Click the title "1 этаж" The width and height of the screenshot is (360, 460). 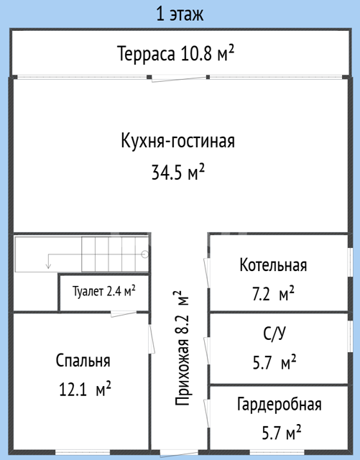tap(180, 14)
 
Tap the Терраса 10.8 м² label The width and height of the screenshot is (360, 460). tap(176, 53)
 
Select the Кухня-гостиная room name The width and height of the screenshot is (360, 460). tap(177, 141)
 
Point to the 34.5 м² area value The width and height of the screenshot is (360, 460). tap(177, 172)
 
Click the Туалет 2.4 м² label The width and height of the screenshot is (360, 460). tap(104, 291)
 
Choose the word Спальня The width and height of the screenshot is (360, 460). tap(83, 361)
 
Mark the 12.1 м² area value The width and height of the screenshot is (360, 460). tap(85, 389)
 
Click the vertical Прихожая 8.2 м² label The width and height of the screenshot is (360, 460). tap(182, 348)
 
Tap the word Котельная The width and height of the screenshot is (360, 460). tap(273, 265)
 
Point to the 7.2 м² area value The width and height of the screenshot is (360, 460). tap(273, 293)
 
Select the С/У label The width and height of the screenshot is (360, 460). tap(274, 333)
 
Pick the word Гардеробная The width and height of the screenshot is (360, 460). tap(280, 404)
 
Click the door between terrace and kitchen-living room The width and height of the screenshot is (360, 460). tap(178, 78)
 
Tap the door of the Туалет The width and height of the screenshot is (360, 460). tap(124, 313)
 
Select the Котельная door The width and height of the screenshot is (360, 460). tap(207, 273)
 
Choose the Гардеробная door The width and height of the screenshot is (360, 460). tap(207, 413)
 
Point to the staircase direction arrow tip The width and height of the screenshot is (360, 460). tap(48, 268)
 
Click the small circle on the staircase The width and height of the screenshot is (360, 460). tap(145, 254)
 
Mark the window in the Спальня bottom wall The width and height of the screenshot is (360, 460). tap(83, 452)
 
